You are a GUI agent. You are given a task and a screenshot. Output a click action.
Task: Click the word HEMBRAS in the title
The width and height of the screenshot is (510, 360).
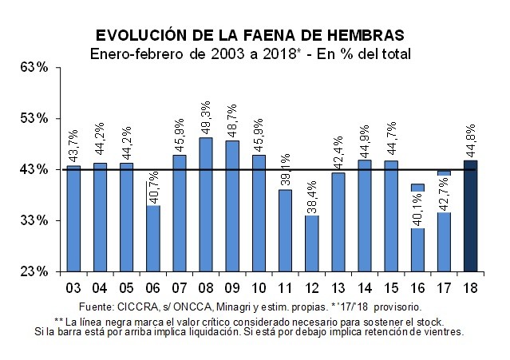(x=361, y=36)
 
